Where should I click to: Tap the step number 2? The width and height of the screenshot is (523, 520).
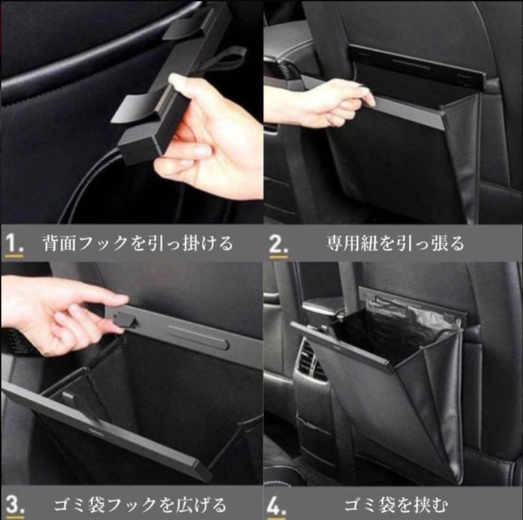point(278,244)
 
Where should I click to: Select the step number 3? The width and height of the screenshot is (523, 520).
point(15,505)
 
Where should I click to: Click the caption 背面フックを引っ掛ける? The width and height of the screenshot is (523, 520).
point(138,243)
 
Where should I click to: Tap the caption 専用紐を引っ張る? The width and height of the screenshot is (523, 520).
point(395,244)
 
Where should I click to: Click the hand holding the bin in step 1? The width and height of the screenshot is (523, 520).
point(207,137)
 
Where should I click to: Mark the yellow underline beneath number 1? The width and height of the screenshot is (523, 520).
point(15,256)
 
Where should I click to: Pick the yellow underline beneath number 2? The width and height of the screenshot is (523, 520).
point(278,257)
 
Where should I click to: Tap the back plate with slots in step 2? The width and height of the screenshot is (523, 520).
point(417,65)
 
